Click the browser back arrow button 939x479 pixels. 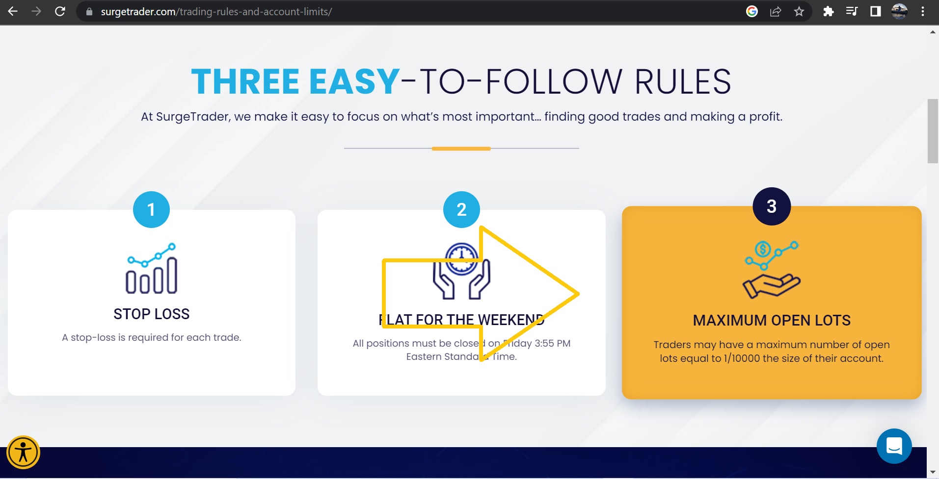pos(13,11)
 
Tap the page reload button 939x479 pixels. pos(60,11)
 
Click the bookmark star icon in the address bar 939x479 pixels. pos(799,11)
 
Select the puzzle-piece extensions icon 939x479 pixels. pos(828,11)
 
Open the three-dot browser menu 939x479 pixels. pos(923,11)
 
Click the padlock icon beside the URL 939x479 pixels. pos(89,12)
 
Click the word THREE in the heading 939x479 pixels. pos(245,81)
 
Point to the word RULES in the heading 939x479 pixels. pos(683,81)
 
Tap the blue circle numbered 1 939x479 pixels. pos(151,209)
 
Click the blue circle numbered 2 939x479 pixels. pos(461,209)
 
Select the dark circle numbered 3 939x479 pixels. pos(772,206)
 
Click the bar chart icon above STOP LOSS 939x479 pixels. pos(152,268)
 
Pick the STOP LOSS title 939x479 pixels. pos(152,314)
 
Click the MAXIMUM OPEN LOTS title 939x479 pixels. pos(772,320)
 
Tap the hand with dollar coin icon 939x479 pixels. pos(772,270)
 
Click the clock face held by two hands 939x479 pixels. pos(461,259)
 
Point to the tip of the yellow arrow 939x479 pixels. pos(579,294)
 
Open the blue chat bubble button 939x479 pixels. pos(894,446)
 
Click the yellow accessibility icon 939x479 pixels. pos(23,452)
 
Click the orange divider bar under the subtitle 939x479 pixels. pos(461,148)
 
